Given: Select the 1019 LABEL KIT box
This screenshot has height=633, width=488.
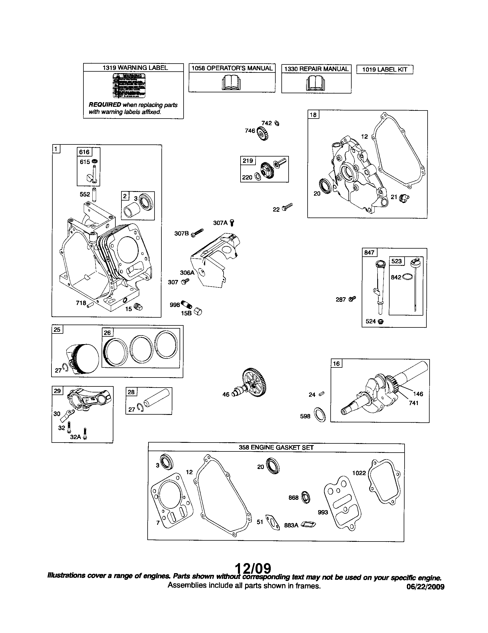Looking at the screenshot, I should click(384, 70).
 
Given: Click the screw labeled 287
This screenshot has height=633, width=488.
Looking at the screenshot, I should click(352, 299).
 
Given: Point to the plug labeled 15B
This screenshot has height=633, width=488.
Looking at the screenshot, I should click(198, 312).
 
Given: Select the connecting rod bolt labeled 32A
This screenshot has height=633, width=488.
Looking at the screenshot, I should click(85, 434).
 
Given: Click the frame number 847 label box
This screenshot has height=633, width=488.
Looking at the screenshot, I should click(369, 252).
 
